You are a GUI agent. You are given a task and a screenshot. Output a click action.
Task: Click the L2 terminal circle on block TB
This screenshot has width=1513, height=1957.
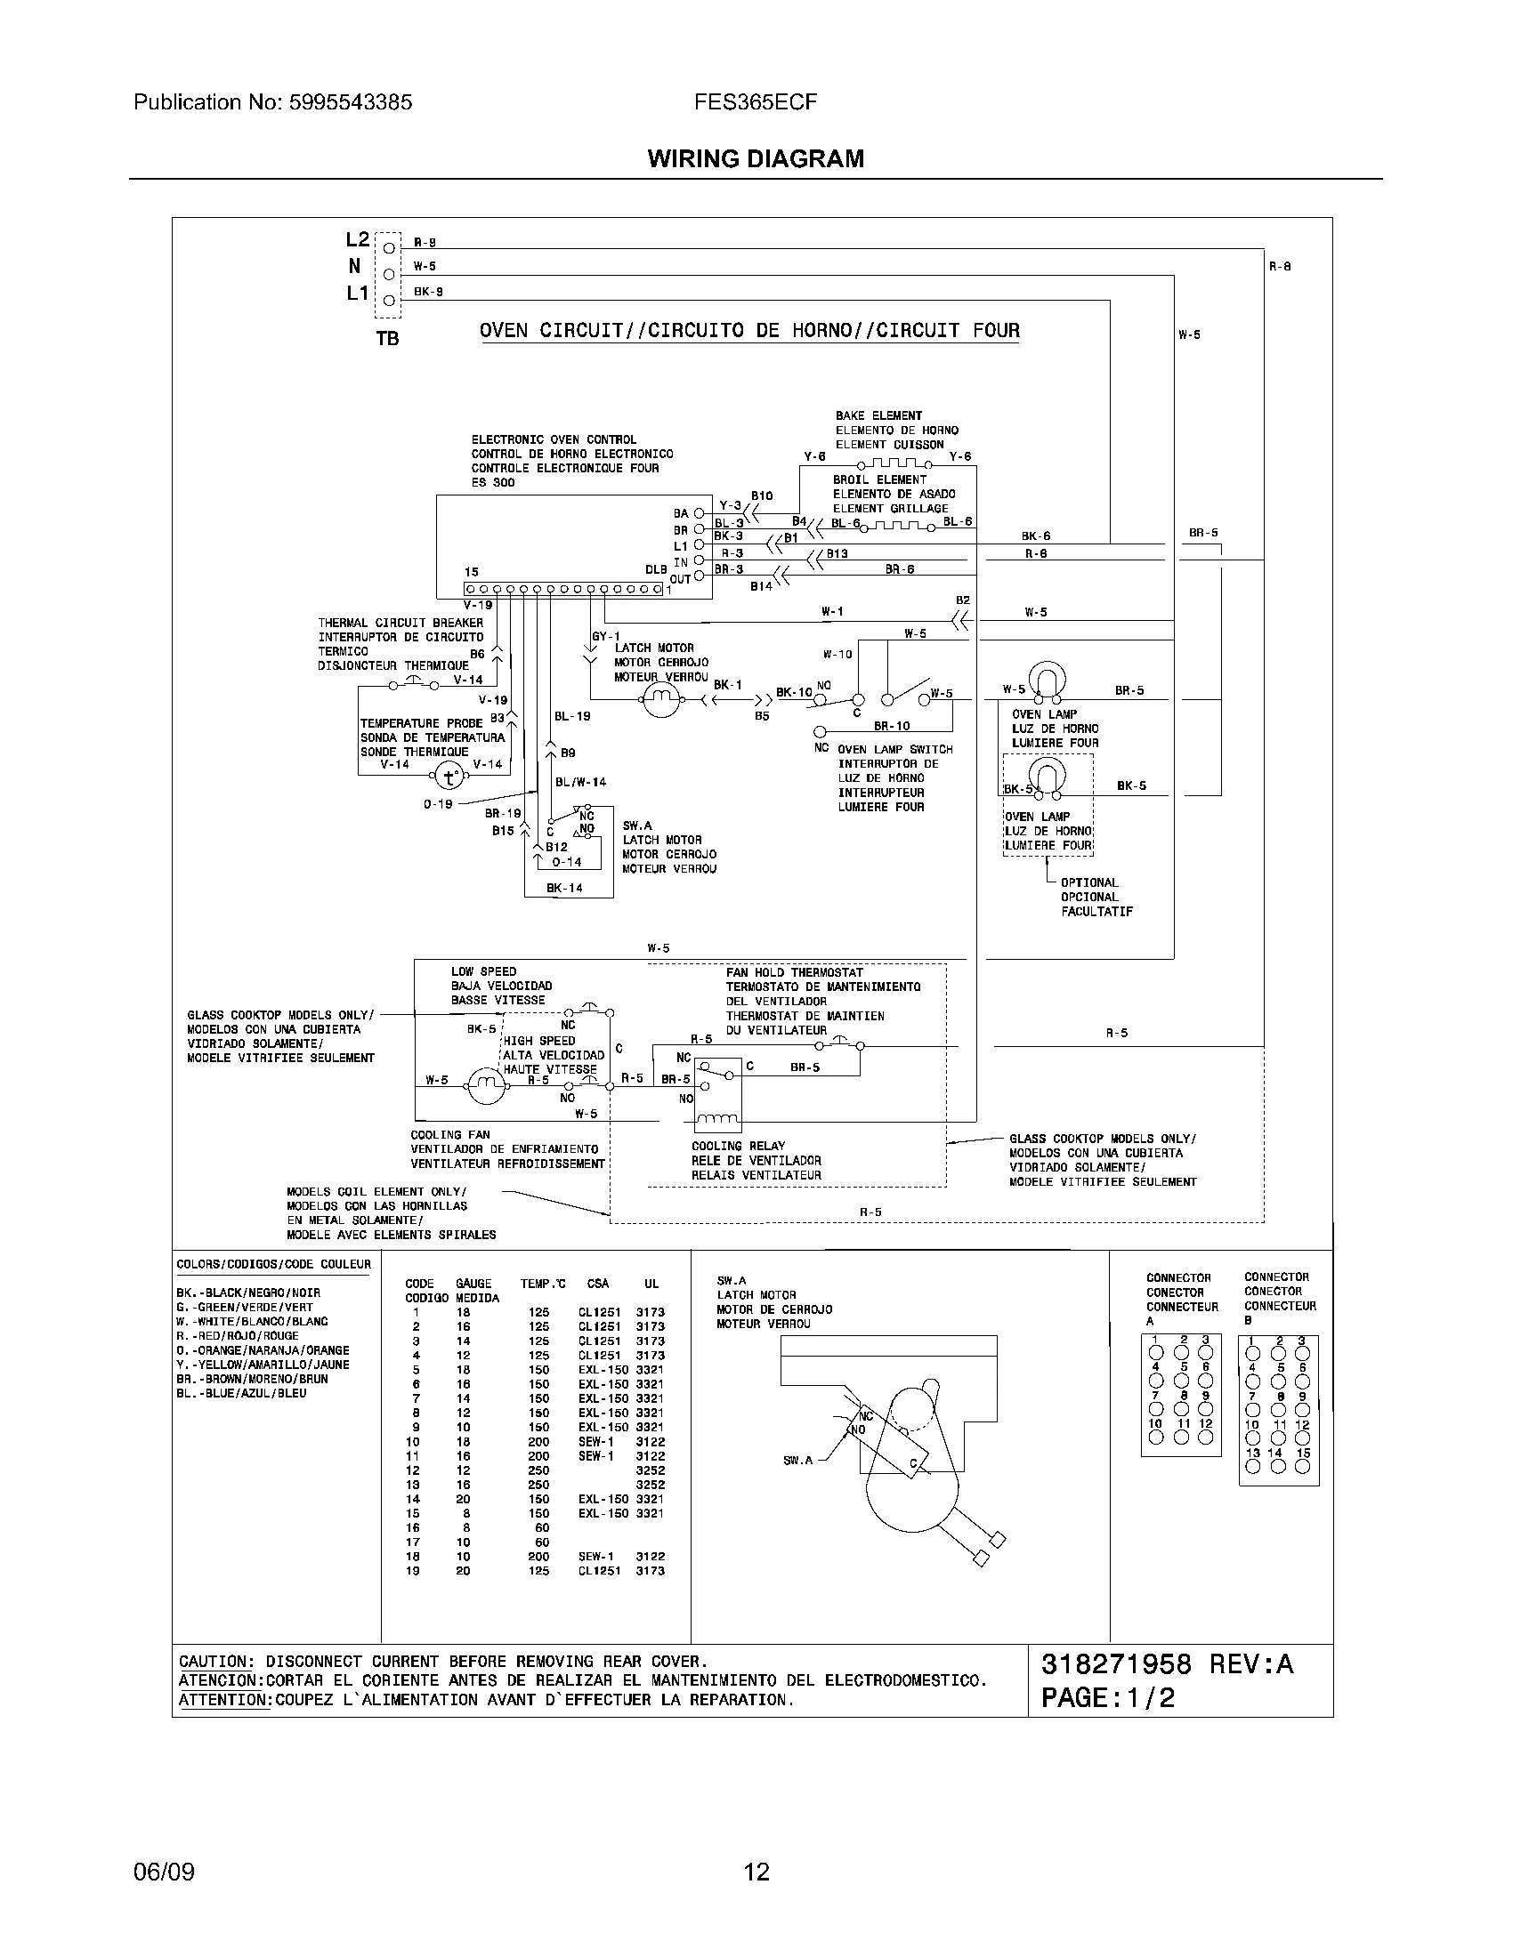point(389,247)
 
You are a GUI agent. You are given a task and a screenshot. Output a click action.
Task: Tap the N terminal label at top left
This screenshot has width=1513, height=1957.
point(355,266)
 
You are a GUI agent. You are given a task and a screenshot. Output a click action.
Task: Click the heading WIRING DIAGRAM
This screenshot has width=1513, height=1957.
point(756,158)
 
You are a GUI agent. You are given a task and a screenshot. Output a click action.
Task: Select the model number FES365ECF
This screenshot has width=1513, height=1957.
point(755,102)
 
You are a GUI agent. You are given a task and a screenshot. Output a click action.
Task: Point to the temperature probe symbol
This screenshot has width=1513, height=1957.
point(451,776)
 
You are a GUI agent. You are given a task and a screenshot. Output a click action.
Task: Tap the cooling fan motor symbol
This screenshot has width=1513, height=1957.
point(485,1088)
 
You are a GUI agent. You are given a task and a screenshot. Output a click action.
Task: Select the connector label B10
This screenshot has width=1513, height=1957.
point(762,495)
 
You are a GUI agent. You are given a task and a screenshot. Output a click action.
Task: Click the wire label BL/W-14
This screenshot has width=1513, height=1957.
point(580,782)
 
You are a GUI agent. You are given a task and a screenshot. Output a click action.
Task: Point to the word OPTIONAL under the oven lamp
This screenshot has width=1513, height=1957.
point(1089,882)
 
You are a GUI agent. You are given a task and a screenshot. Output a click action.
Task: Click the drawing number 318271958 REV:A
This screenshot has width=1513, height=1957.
point(1167,1664)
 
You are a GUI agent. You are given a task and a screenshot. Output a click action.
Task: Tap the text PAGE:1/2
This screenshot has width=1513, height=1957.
point(1108,1698)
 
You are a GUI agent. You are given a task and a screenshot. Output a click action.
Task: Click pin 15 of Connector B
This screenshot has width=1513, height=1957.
point(1302,1467)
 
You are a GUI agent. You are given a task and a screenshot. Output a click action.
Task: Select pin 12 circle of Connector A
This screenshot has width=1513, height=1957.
point(1206,1438)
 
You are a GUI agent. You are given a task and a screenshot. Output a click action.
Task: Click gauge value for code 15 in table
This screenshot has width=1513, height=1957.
point(464,1513)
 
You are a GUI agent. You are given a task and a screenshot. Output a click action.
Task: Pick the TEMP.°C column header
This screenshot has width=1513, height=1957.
point(543,1284)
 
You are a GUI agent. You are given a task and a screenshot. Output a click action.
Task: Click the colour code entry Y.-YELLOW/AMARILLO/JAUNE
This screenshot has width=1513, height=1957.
point(263,1365)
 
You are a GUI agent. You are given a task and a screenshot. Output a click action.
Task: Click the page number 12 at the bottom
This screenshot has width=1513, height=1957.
point(756,1872)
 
